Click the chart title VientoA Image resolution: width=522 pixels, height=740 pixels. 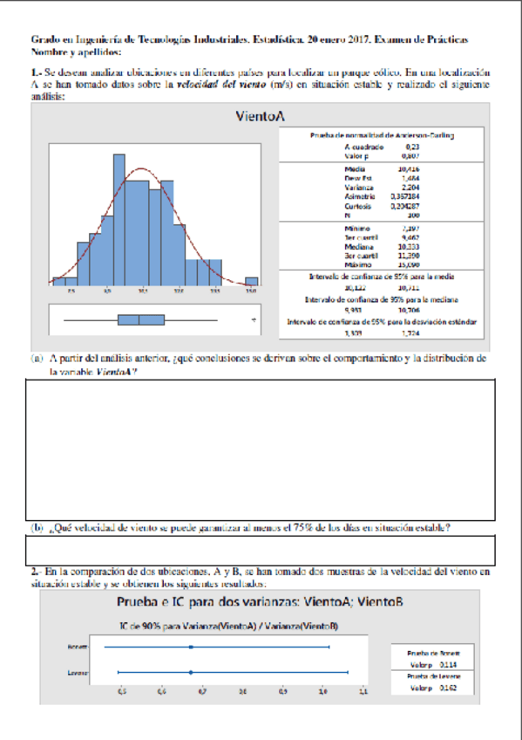(261, 116)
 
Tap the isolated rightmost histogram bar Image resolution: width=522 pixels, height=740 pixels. (251, 282)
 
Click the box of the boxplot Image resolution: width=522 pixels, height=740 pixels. (140, 320)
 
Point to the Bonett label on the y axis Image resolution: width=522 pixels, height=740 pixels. (76, 647)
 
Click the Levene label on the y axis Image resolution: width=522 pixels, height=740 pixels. (76, 673)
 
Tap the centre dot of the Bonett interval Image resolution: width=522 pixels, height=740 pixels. (190, 647)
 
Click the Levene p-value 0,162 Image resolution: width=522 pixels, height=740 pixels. (447, 688)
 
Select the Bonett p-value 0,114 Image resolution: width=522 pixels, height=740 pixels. (447, 662)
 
